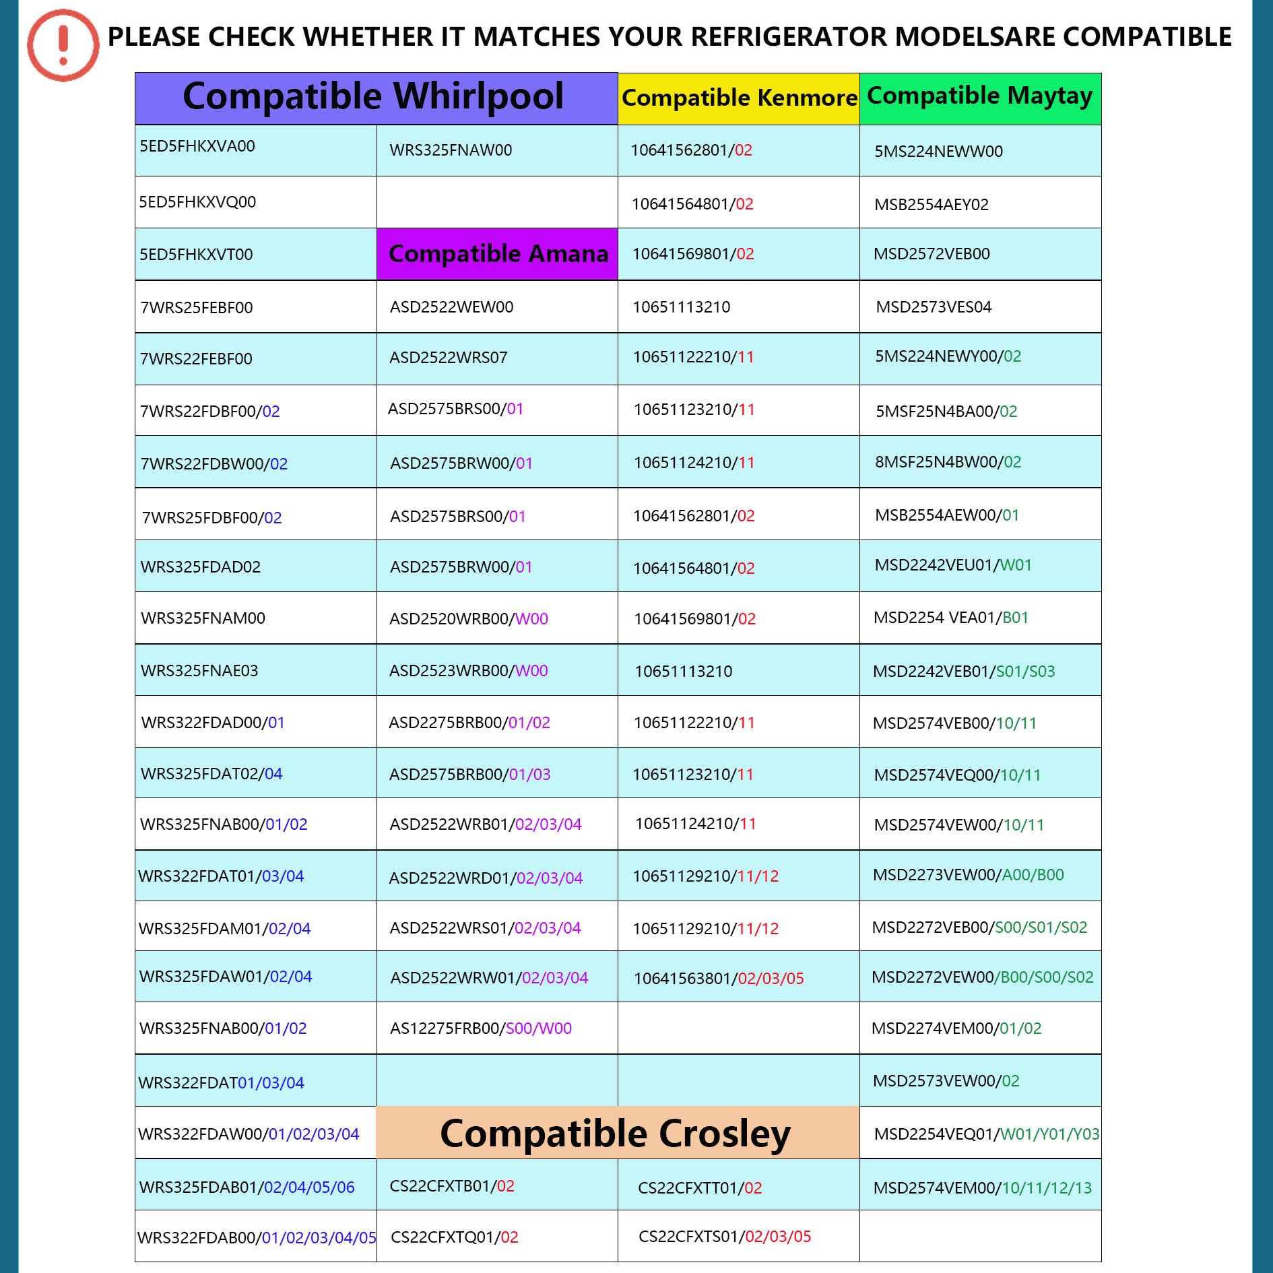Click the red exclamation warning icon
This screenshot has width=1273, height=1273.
click(x=63, y=45)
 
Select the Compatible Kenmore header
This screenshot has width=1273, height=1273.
click(x=739, y=98)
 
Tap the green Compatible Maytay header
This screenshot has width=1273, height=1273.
click(x=979, y=97)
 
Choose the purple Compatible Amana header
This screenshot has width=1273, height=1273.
click(x=498, y=254)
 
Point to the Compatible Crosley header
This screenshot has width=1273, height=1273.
click(x=615, y=1133)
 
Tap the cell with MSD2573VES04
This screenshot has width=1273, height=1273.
click(x=934, y=307)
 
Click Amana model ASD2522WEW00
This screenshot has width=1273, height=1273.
click(x=451, y=307)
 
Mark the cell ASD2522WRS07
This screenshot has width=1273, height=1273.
click(x=448, y=358)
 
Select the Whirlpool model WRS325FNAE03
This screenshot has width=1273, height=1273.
click(x=199, y=671)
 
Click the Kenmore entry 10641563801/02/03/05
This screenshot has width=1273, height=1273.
click(x=719, y=978)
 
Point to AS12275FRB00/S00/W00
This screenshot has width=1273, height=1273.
click(x=481, y=1029)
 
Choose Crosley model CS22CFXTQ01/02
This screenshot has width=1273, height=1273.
click(x=454, y=1237)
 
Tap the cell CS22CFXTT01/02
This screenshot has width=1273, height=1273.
click(x=700, y=1188)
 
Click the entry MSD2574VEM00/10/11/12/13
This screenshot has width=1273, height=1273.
click(x=982, y=1188)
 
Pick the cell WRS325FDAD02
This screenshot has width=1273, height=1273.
click(x=201, y=567)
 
